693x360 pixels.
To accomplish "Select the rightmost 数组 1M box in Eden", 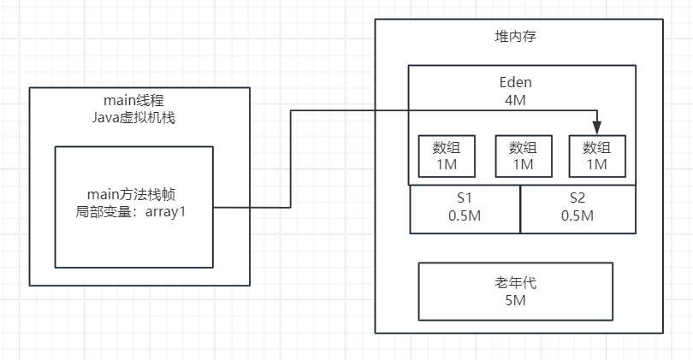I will coord(596,156).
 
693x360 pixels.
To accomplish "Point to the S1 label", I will coord(465,198).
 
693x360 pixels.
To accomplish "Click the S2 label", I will coord(577,198).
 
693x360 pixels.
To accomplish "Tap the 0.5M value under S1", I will coord(465,215).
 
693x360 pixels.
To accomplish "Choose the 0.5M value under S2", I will coord(577,215).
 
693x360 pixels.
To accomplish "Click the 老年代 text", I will coord(515,284).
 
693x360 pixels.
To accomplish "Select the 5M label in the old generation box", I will coord(515,301).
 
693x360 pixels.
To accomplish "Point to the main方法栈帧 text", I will coord(134,194).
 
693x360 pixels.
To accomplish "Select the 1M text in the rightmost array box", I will coord(596,163).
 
